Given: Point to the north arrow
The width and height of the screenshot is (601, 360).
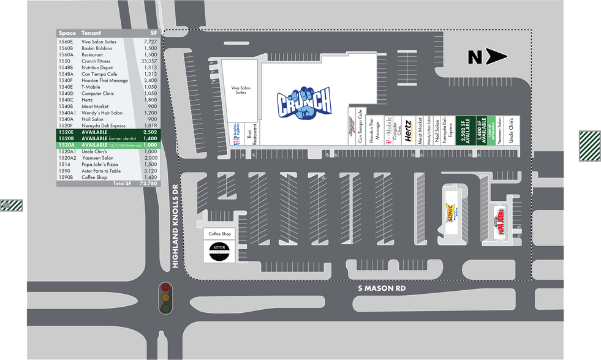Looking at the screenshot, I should [488, 58].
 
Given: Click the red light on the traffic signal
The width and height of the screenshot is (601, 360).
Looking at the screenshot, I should [165, 288].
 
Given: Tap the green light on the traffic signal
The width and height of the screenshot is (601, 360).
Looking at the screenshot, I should [165, 308].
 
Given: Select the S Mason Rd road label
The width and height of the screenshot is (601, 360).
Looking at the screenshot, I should [383, 288].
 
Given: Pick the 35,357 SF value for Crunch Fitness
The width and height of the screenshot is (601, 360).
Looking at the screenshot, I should [149, 61].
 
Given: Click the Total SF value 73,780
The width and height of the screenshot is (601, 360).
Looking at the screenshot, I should [149, 183].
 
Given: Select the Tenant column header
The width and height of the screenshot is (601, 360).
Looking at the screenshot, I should [91, 33].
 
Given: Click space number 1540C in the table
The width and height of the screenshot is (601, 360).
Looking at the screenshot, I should [66, 100].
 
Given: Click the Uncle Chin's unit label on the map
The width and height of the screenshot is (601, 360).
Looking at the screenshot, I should [511, 130].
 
